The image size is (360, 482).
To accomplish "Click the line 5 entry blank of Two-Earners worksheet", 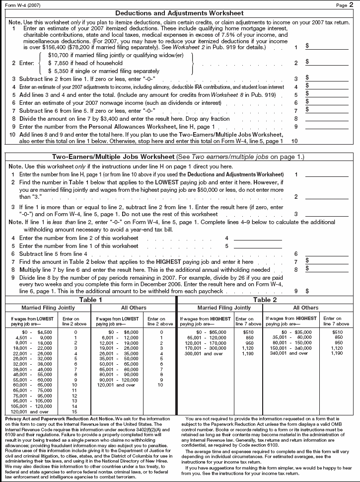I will click(x=257, y=245).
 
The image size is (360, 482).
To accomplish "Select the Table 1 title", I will click(x=91, y=300).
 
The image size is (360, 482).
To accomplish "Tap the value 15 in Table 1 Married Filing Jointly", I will click(x=75, y=412).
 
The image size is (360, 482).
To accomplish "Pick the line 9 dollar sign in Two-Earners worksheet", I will click(x=307, y=291).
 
